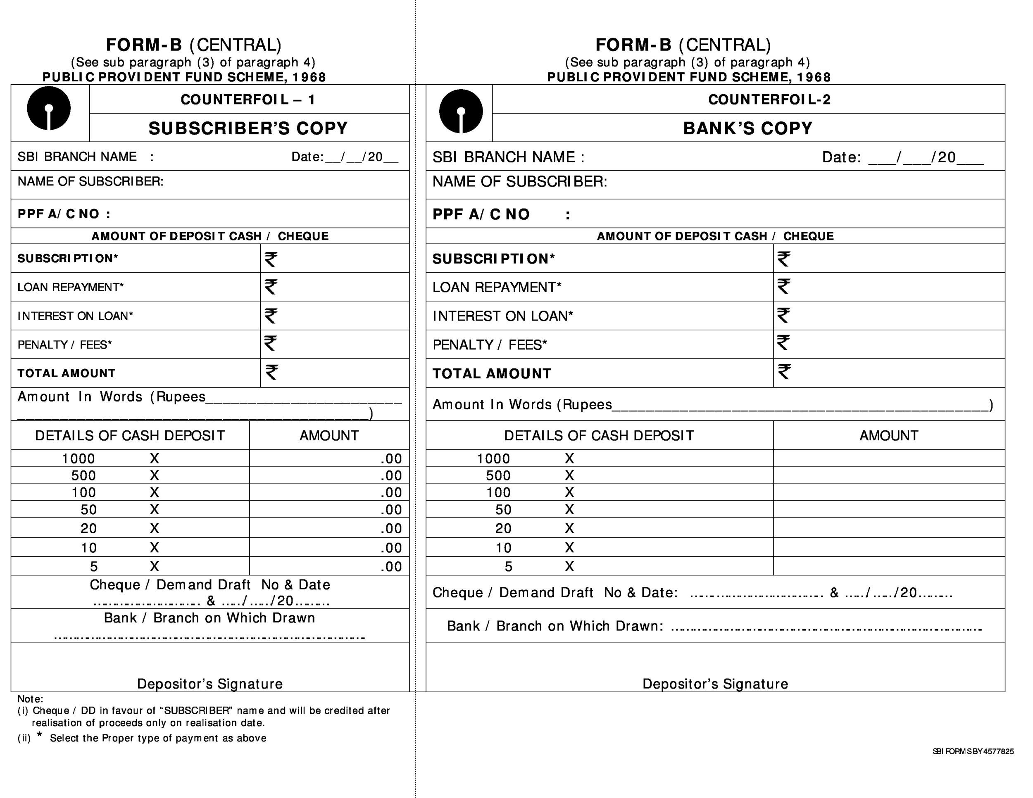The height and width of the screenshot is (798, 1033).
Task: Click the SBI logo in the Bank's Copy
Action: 461,112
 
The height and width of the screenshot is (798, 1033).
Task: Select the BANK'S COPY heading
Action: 747,128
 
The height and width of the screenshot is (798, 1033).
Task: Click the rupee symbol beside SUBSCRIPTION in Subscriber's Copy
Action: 271,259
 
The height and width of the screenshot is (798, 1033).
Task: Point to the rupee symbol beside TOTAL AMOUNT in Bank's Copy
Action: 784,372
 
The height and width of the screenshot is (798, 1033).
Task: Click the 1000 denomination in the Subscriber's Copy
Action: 79,458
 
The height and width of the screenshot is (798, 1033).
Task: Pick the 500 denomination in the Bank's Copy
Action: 497,475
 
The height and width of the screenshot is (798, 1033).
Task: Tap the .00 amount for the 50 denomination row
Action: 391,510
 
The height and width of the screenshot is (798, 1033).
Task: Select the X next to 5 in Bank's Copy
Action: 569,566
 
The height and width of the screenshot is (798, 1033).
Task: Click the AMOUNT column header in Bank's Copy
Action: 888,435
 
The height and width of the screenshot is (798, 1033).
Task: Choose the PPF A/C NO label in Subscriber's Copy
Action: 64,214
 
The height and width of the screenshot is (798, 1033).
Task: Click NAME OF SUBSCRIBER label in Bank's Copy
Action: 519,182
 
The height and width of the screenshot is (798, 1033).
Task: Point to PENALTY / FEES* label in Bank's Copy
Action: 490,345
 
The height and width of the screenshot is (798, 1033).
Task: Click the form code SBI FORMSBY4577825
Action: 973,751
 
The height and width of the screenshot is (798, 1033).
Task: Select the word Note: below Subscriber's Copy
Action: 30,699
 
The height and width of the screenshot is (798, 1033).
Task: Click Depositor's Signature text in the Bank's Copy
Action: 715,684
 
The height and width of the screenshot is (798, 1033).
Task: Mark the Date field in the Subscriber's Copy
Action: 344,157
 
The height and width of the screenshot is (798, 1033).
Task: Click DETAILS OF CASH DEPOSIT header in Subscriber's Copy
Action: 130,435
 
